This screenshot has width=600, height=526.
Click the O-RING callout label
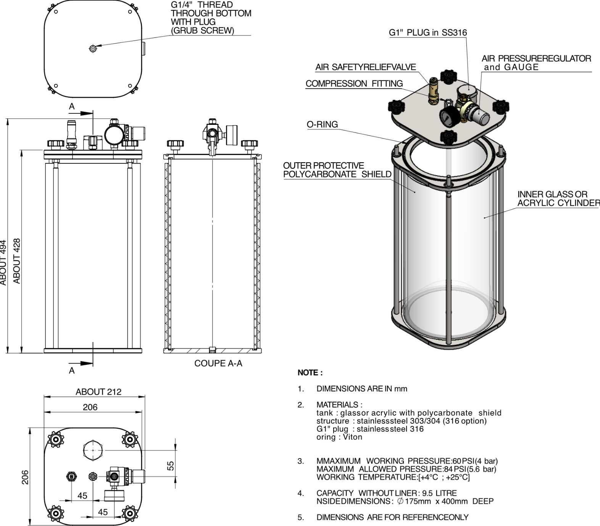click(x=322, y=124)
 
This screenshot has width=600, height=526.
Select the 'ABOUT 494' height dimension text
click(x=3, y=262)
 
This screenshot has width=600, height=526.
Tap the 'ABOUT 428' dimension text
click(x=17, y=261)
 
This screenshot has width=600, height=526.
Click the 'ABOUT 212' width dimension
click(x=98, y=392)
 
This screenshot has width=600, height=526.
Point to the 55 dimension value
click(x=171, y=466)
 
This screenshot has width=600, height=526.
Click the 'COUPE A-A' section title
click(x=218, y=363)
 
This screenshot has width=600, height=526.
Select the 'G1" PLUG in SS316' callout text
click(x=427, y=33)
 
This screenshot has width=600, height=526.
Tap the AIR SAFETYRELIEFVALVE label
click(x=365, y=68)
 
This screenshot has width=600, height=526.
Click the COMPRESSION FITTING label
click(x=354, y=84)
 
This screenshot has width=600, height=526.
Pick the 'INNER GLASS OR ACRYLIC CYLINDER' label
click(x=558, y=198)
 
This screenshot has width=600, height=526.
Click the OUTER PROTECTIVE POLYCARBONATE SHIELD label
click(x=337, y=170)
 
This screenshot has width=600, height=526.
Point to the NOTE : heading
click(x=310, y=373)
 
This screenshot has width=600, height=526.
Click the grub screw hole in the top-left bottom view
click(x=93, y=48)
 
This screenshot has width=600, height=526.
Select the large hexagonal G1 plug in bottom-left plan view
click(x=93, y=450)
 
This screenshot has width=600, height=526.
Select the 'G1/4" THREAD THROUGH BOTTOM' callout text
click(x=211, y=9)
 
